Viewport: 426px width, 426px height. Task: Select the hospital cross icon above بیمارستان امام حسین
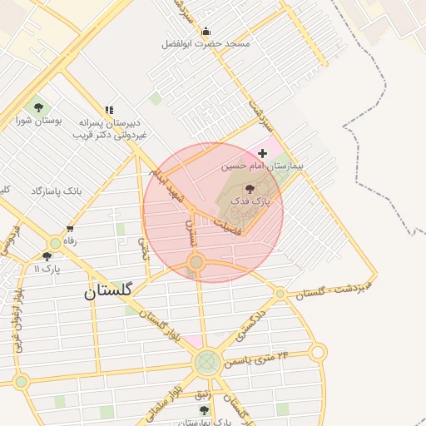tap(263, 153)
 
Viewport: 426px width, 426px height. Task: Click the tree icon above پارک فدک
tap(250, 189)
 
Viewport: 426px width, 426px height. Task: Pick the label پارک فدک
tap(250, 201)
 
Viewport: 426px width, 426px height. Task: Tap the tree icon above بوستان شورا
tap(37, 107)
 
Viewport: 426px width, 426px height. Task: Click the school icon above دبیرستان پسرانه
tap(109, 110)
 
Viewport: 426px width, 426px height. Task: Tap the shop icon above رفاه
tap(70, 228)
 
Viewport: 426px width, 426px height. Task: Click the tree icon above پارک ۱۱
tap(47, 256)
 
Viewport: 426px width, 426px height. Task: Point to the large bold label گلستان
tap(108, 291)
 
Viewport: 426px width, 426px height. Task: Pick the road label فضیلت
tap(226, 226)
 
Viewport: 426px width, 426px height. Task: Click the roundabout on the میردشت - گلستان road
tap(280, 294)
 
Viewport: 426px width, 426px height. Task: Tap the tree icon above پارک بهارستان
tap(205, 410)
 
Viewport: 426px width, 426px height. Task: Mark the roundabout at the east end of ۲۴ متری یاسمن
tap(318, 353)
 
